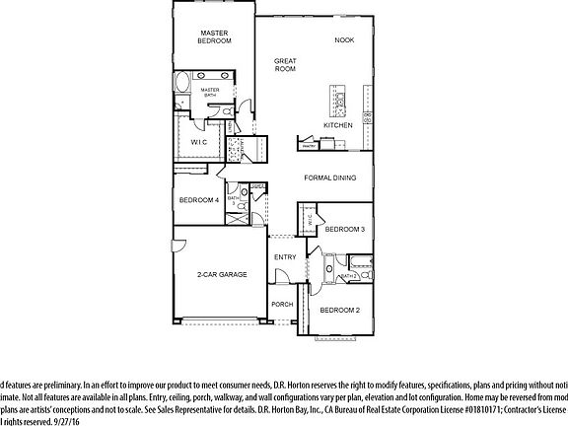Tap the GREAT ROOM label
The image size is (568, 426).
pos(285,66)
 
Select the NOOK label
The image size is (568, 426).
pos(344,39)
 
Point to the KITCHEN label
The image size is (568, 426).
pos(338,125)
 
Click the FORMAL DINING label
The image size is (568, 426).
pos(329,178)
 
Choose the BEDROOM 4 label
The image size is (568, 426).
pos(199,201)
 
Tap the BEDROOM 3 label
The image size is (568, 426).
pos(345,229)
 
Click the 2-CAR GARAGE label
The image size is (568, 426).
pos(221,274)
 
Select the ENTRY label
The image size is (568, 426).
pos(285,257)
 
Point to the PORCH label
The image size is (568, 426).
pos(283,304)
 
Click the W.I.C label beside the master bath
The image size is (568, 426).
pos(197,141)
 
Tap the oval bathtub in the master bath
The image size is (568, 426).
pos(182,82)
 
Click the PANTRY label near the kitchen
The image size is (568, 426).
pos(309,146)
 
